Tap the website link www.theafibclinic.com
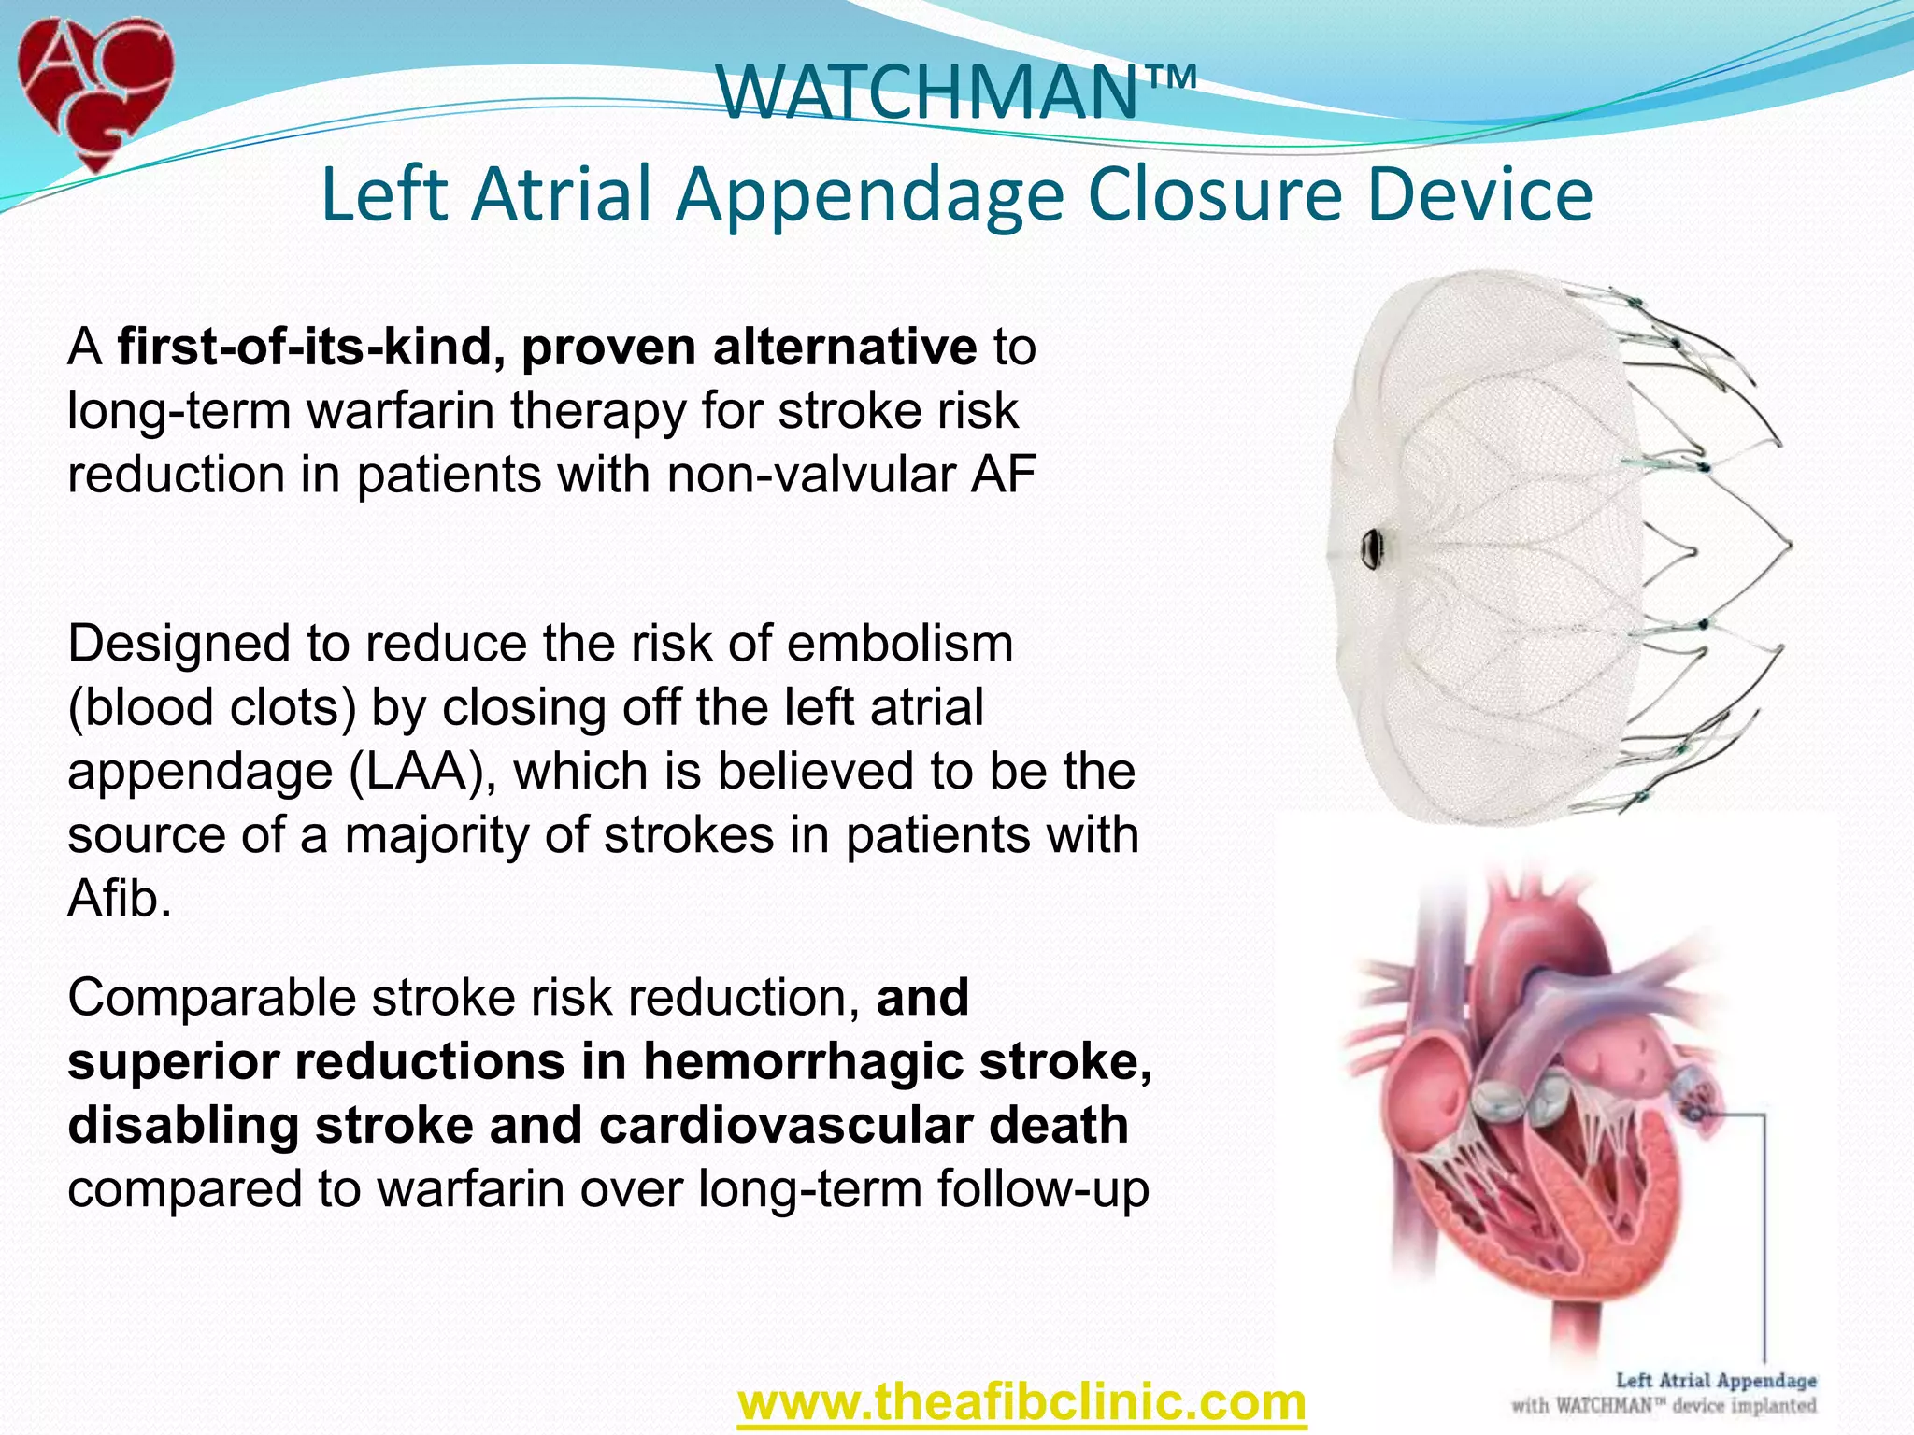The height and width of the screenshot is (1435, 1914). [1021, 1401]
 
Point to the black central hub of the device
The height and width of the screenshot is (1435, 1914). [1372, 548]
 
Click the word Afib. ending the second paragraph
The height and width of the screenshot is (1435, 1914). [120, 899]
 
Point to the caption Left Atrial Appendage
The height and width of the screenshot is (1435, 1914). [1716, 1381]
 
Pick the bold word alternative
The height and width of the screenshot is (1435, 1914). [844, 348]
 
